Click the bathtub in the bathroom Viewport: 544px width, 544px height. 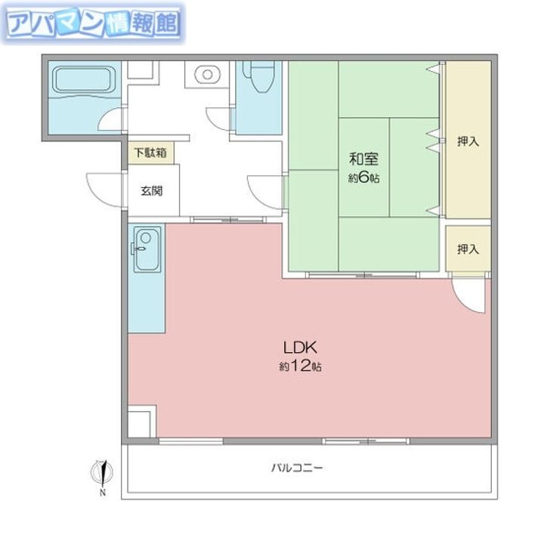[84, 79]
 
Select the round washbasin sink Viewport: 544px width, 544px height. [207, 75]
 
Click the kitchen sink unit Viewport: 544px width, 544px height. [147, 249]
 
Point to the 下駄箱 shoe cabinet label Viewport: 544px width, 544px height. [150, 153]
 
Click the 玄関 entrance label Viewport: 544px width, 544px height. [152, 191]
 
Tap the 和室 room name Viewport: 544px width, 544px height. [363, 159]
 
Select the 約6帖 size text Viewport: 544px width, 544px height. [363, 178]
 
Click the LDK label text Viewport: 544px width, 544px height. [300, 348]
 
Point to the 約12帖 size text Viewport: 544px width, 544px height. [300, 366]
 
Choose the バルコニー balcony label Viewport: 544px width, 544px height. [297, 468]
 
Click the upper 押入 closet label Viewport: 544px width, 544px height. [468, 141]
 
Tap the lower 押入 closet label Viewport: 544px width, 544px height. [468, 249]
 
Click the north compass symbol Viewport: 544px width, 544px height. [102, 472]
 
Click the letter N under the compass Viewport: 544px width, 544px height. [103, 492]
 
